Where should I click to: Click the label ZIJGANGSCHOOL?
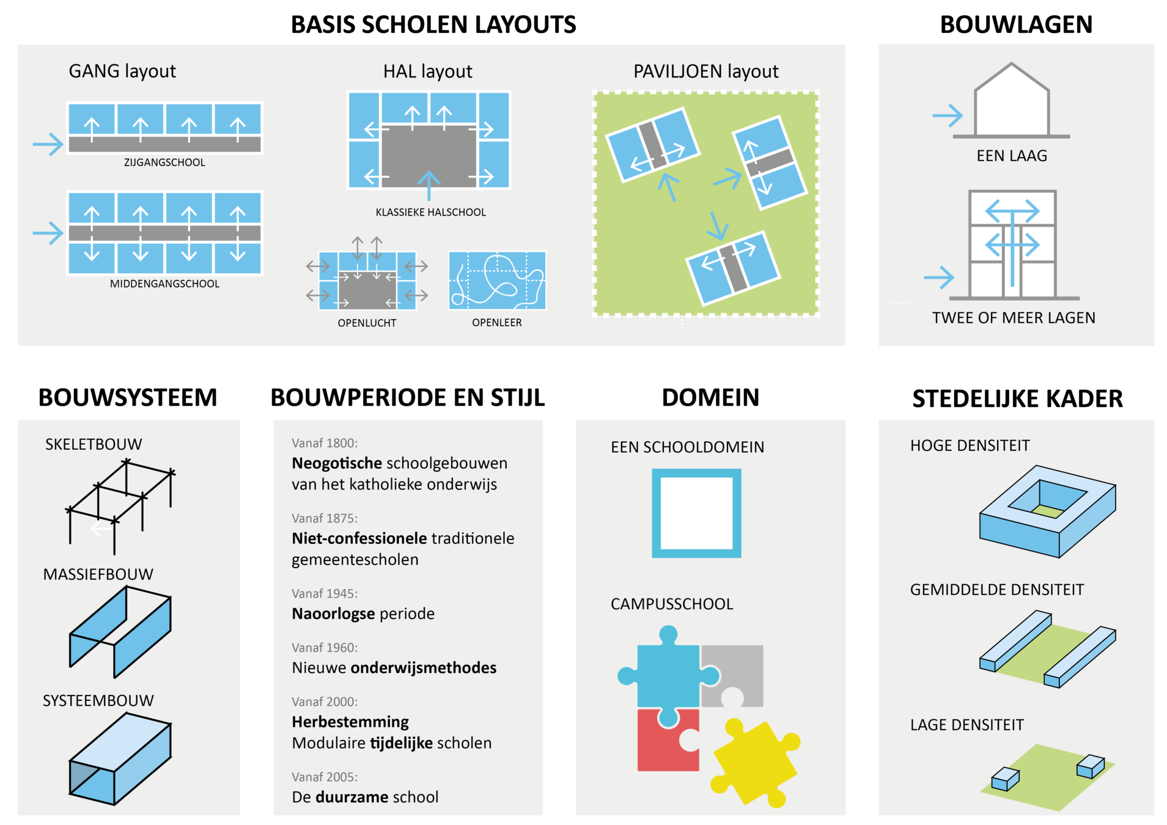[164, 163]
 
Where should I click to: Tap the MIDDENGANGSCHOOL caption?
[164, 284]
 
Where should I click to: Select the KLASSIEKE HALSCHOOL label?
[430, 212]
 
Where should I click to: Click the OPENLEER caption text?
[496, 323]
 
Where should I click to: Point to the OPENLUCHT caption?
[367, 323]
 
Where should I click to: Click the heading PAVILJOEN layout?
[705, 71]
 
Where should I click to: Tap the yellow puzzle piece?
[756, 761]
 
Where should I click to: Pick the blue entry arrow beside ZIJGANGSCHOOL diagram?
[48, 144]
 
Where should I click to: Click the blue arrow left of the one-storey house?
[947, 115]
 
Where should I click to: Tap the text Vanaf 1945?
[325, 593]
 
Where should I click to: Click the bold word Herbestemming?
[350, 722]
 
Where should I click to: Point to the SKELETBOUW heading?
[94, 444]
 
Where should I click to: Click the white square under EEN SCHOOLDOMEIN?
[696, 513]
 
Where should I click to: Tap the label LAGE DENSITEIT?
[966, 725]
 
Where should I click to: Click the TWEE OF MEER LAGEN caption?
[1014, 318]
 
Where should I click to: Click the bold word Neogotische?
[337, 463]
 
